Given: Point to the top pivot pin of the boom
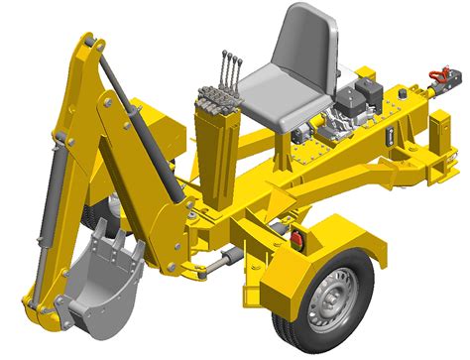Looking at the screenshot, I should (88, 44).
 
